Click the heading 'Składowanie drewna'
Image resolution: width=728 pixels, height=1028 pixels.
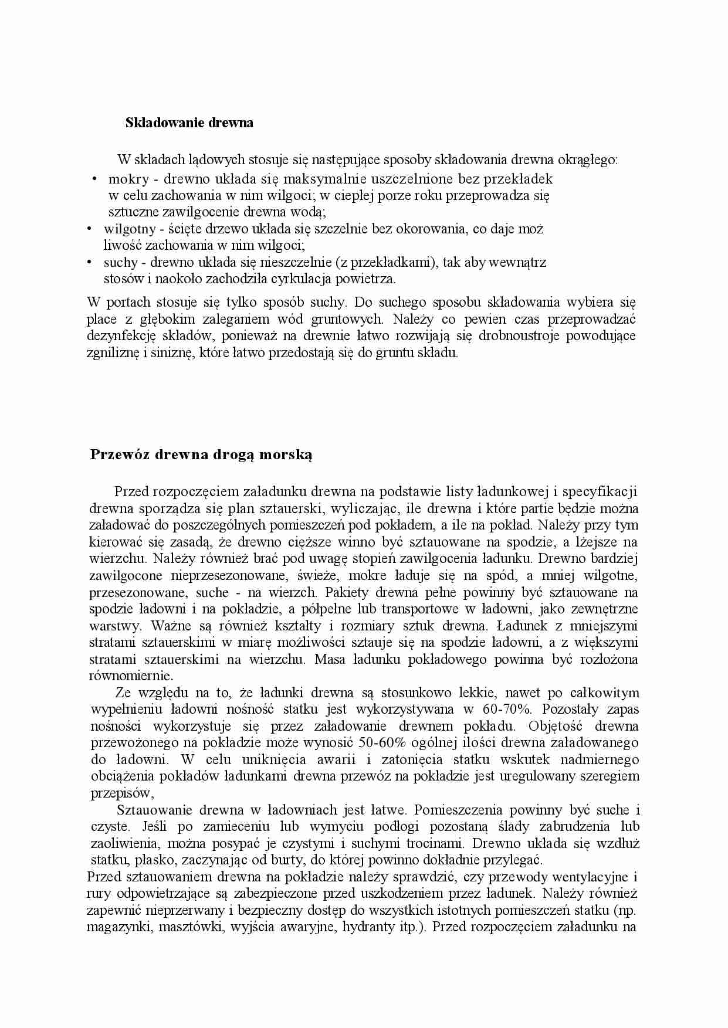(x=189, y=123)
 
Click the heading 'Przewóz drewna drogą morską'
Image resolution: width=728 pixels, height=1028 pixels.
(x=201, y=455)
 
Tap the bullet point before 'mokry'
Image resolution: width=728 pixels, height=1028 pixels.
(x=94, y=179)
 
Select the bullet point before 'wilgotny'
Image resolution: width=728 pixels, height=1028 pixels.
(x=89, y=229)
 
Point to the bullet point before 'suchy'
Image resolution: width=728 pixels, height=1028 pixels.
(x=89, y=262)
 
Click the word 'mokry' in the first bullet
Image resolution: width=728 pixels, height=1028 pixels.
(x=128, y=179)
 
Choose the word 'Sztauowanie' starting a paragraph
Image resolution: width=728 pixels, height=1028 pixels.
(x=154, y=810)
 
